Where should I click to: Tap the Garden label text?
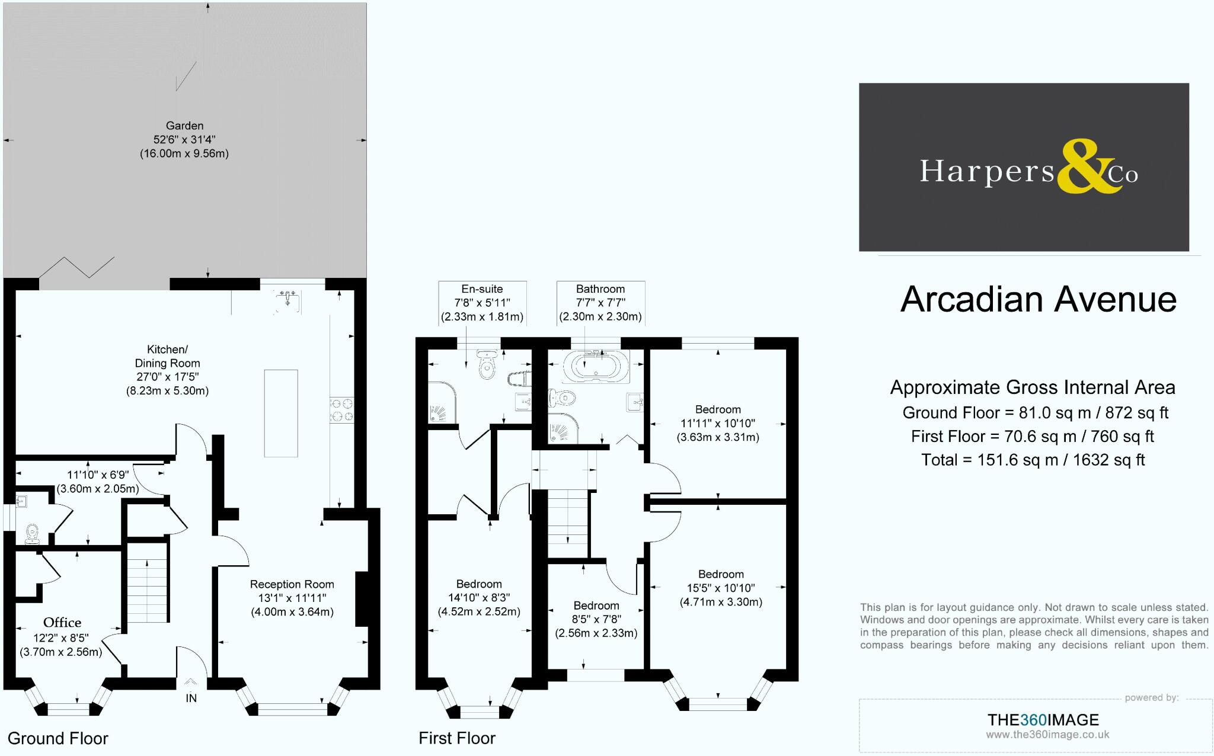coord(184,126)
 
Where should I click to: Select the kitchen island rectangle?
coord(281,413)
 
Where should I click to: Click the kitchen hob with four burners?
coord(342,409)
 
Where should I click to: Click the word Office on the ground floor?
coord(62,623)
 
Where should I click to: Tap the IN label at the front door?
coord(191,699)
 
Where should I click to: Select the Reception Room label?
coord(292,585)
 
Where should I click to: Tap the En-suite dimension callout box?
coord(482,303)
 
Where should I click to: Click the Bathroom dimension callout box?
coord(600,303)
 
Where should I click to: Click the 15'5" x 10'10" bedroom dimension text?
coord(721,588)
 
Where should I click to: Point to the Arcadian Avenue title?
coord(1038,299)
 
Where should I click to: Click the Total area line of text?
coord(1033,460)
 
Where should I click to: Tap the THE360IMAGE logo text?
coord(1043,720)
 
